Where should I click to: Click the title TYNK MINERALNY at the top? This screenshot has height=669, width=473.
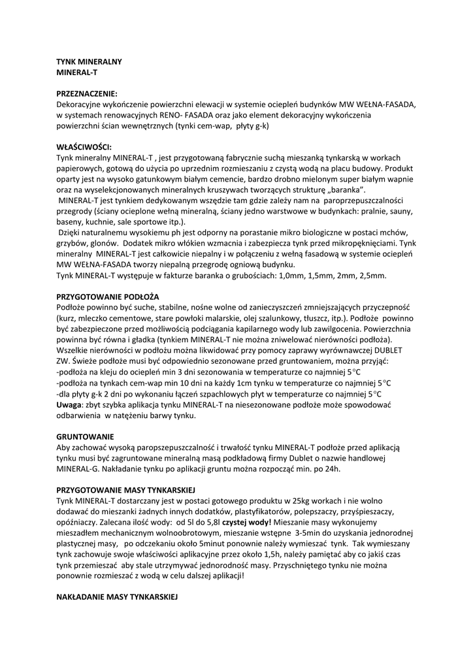[x=90, y=61]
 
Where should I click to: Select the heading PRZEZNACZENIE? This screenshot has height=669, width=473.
[x=87, y=93]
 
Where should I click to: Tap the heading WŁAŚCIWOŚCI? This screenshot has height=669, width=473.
[x=84, y=147]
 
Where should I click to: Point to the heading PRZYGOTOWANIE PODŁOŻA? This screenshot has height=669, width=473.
[x=108, y=297]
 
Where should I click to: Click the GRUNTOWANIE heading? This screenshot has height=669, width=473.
[x=86, y=436]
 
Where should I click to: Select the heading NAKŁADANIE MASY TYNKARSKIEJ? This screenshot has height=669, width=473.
[x=117, y=596]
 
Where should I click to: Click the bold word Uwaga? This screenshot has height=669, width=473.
[x=70, y=405]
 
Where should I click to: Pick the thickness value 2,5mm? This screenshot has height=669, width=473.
[x=372, y=275]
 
